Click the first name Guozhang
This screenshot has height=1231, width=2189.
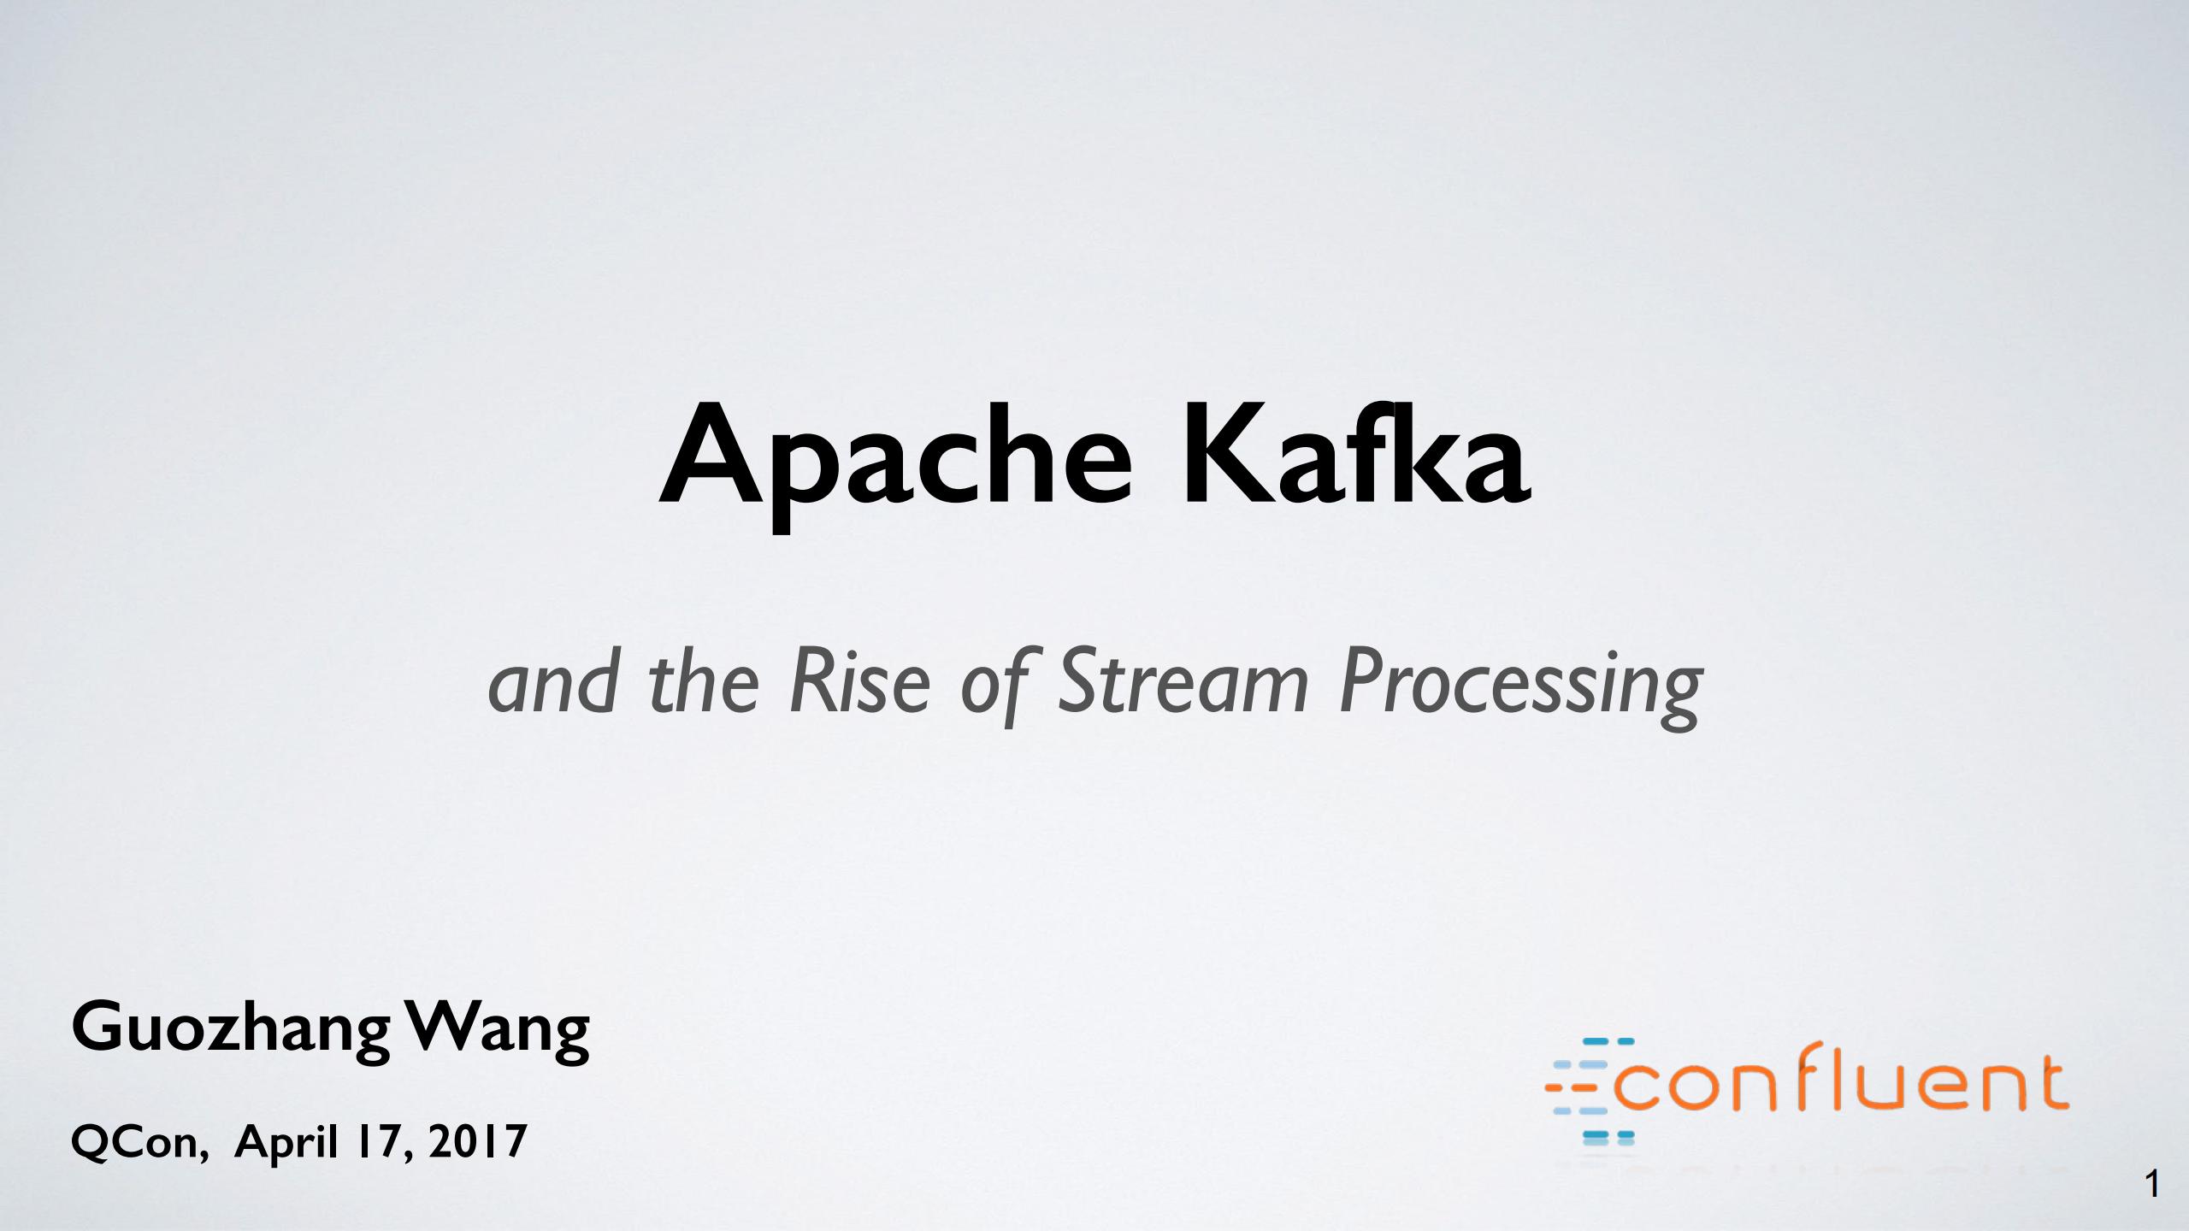[x=231, y=1030]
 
